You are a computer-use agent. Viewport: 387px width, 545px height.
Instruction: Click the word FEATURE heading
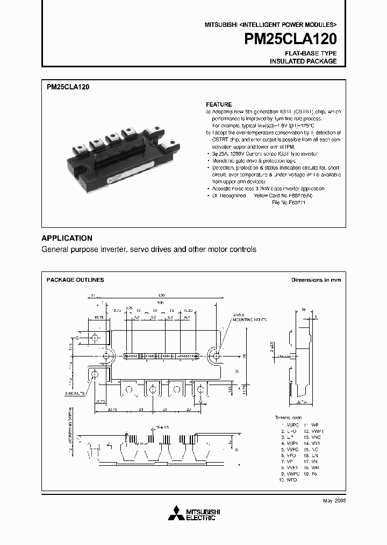point(219,104)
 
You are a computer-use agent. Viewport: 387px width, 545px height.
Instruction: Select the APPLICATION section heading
point(67,238)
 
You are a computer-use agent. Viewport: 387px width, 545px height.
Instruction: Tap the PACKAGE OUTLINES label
point(75,280)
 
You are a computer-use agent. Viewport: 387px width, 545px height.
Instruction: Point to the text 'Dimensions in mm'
point(316,280)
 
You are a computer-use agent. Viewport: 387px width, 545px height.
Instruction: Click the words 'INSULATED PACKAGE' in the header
point(303,61)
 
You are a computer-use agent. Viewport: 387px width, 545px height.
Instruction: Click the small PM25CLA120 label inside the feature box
point(68,86)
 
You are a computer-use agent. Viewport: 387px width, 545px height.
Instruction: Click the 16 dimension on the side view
point(304,311)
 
